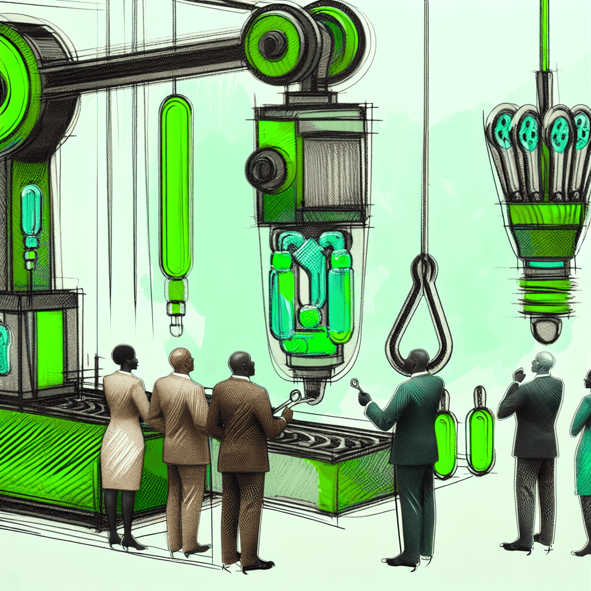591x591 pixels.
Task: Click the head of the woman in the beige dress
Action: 124,358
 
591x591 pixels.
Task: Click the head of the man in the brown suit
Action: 239,364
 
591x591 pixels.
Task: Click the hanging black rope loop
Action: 420,312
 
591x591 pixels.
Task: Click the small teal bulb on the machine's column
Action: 31,211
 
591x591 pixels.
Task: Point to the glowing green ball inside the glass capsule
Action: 310,317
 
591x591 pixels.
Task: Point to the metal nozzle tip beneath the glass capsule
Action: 312,392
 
